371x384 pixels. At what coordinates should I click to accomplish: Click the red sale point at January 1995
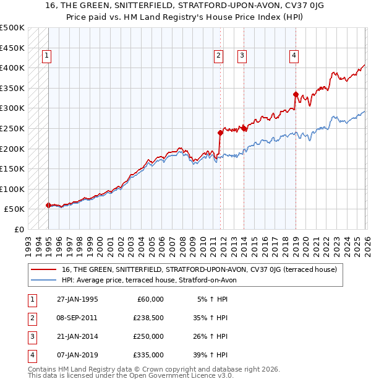pyautogui.click(x=48, y=205)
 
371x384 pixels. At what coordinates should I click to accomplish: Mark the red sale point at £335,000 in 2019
pyautogui.click(x=296, y=94)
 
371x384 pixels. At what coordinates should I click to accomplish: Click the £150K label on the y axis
pyautogui.click(x=12, y=168)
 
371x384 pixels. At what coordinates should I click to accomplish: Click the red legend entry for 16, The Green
pyautogui.click(x=198, y=269)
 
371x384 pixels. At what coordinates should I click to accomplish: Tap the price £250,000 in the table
pyautogui.click(x=148, y=336)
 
